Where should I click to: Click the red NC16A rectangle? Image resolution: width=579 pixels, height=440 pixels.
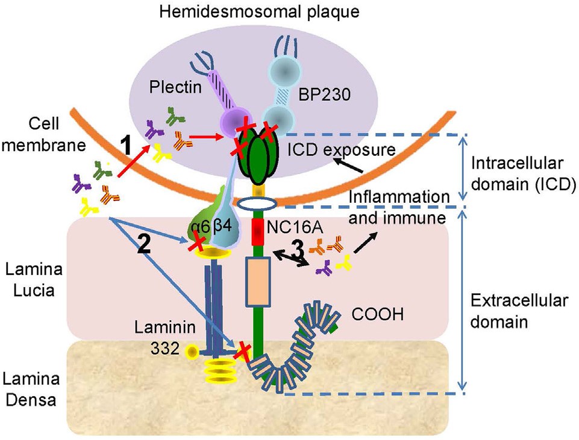point(258,232)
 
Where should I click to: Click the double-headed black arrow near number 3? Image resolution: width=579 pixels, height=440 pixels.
point(289,255)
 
